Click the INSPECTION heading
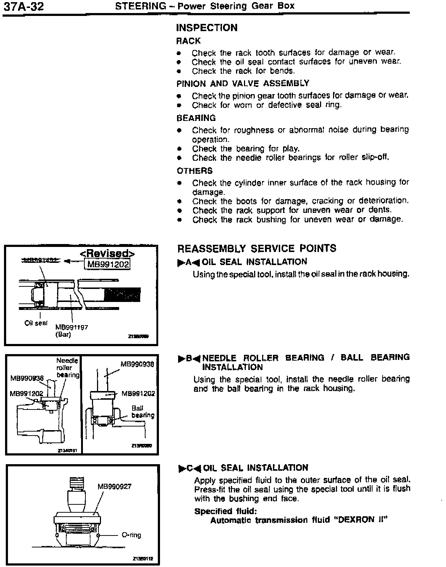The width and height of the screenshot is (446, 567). (206, 28)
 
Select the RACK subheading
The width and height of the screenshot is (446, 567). (188, 41)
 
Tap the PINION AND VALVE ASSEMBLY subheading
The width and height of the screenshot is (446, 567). (243, 84)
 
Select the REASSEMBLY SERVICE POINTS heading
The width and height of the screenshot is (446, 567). (257, 249)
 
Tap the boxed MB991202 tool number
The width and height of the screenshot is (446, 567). (107, 264)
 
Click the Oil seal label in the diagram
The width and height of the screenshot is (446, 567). (36, 323)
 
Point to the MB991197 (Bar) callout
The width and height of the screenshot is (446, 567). (72, 331)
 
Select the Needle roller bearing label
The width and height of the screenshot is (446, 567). (67, 367)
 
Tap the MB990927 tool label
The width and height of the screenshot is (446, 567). (114, 487)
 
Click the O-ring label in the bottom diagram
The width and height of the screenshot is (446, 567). (131, 535)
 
